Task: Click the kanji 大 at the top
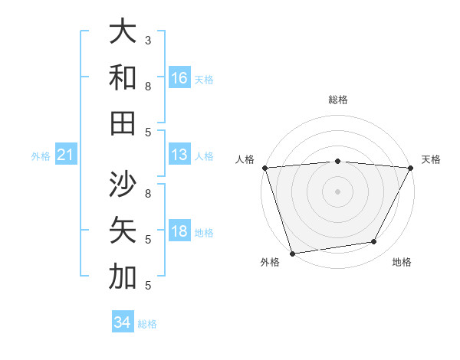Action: (123, 32)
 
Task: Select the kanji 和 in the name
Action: (123, 77)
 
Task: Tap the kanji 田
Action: (123, 123)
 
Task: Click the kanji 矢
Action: (123, 230)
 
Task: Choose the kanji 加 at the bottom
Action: (123, 277)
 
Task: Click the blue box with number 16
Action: (179, 78)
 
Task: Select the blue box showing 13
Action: (179, 155)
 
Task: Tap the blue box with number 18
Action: (179, 232)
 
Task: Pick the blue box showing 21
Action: (66, 155)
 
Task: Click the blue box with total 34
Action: (123, 323)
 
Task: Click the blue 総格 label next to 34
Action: (147, 324)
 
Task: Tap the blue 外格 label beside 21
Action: (41, 156)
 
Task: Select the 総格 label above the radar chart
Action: (337, 100)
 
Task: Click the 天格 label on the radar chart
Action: (431, 159)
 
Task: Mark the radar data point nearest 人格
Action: (264, 168)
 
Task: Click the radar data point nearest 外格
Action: (292, 253)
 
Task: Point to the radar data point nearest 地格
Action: (374, 242)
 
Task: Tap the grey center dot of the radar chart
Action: (337, 191)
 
